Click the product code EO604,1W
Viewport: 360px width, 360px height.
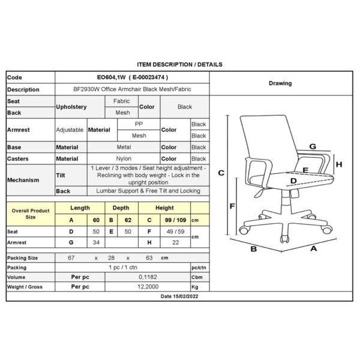pos(112,77)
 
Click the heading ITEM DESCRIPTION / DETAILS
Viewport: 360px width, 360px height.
pos(179,65)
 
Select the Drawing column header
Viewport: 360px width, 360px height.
pos(280,83)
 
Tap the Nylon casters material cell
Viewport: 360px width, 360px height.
pos(124,158)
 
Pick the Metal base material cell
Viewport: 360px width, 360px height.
pos(124,147)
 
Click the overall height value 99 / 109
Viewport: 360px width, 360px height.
pos(175,220)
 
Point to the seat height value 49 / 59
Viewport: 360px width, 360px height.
pos(175,232)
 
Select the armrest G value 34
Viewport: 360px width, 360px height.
pos(96,242)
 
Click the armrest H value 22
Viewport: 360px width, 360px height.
pos(175,242)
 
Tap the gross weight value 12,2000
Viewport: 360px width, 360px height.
pos(148,287)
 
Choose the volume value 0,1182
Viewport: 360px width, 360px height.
pos(148,277)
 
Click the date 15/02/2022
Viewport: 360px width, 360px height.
pos(185,296)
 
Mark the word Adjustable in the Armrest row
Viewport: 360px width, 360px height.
pos(70,130)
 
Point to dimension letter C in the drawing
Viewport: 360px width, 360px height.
pos(221,173)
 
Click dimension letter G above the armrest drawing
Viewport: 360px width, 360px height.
pos(313,146)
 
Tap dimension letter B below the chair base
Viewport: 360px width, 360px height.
pos(253,249)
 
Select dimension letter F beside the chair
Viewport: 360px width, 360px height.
pos(232,206)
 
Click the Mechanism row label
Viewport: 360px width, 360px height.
pos(23,180)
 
